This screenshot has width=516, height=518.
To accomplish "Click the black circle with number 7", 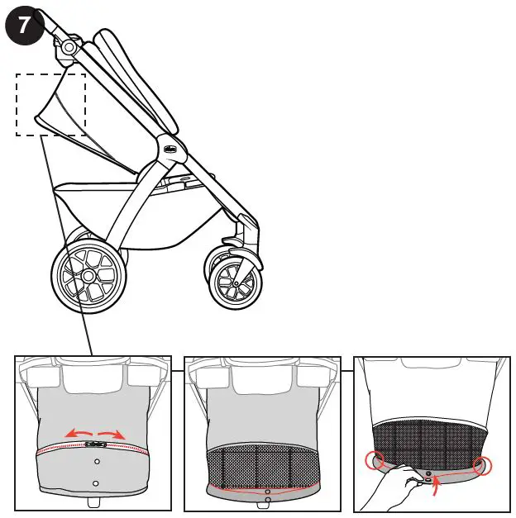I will (24, 25).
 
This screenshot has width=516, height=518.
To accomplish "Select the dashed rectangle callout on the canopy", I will (51, 104).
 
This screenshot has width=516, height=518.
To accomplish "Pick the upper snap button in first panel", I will (96, 462).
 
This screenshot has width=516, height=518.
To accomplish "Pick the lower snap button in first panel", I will (96, 482).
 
